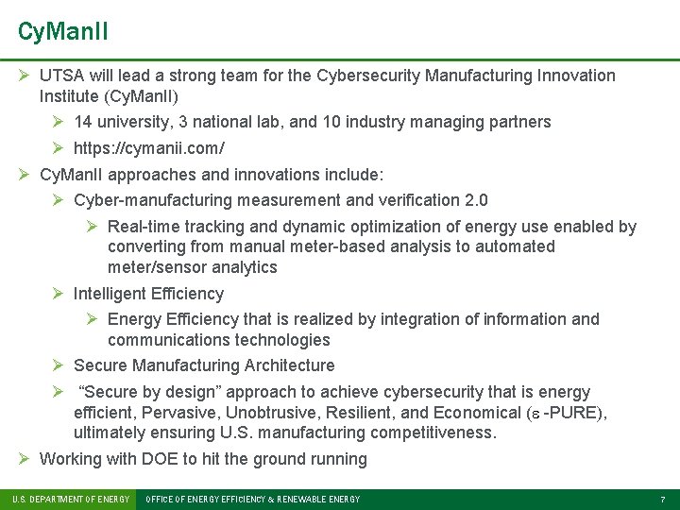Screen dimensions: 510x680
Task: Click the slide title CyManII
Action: pos(62,31)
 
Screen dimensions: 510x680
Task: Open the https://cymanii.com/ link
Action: pos(148,148)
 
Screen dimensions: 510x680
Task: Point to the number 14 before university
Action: pos(82,122)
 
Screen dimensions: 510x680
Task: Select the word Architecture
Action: pos(289,365)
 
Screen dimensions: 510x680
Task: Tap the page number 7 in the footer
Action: pos(663,499)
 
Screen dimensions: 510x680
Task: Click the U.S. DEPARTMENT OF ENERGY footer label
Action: pos(70,499)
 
